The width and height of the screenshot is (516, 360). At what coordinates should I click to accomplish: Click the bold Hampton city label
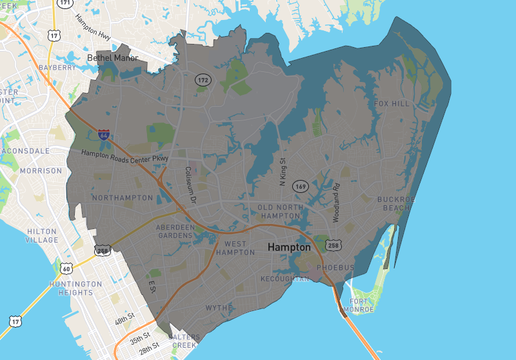coord(289,247)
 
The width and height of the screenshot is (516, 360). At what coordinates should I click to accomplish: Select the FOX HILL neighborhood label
coord(392,103)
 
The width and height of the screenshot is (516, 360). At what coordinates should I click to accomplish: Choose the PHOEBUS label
coord(335,267)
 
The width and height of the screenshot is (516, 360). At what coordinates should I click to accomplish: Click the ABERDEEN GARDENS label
coord(175,232)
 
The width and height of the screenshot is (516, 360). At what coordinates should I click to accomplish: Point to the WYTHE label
coord(219,308)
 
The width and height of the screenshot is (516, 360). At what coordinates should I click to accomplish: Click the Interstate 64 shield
coord(104,135)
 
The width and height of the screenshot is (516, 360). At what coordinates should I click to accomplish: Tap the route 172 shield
coord(203,79)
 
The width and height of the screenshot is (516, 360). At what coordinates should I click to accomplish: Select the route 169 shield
coord(301,186)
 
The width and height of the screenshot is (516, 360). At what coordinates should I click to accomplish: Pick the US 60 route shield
coord(67,267)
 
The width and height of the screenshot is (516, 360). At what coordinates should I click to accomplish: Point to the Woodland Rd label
coord(336,203)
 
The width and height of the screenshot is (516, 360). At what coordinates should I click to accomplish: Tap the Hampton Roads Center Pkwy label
coord(124,156)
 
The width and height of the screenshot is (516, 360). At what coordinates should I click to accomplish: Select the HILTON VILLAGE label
coord(43,235)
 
